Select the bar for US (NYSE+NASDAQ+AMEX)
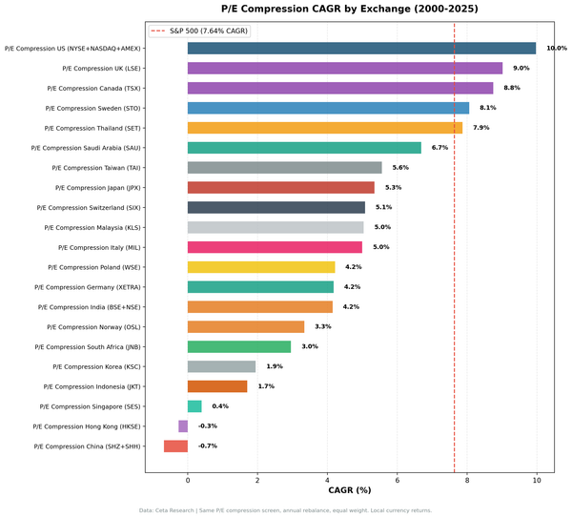(x=361, y=48)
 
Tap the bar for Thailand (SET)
(x=324, y=128)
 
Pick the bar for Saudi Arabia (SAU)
(x=304, y=148)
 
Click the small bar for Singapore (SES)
(x=194, y=406)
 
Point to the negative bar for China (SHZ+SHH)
(x=175, y=445)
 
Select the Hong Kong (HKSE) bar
(x=183, y=426)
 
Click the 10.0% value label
(x=556, y=48)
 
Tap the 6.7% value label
(x=439, y=148)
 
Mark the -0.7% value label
(x=208, y=445)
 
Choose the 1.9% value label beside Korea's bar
(x=275, y=366)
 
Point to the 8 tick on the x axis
(x=467, y=480)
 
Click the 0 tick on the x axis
(x=188, y=480)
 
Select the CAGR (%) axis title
(x=349, y=491)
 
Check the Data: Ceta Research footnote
(x=286, y=510)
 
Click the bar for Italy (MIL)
(x=275, y=247)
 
